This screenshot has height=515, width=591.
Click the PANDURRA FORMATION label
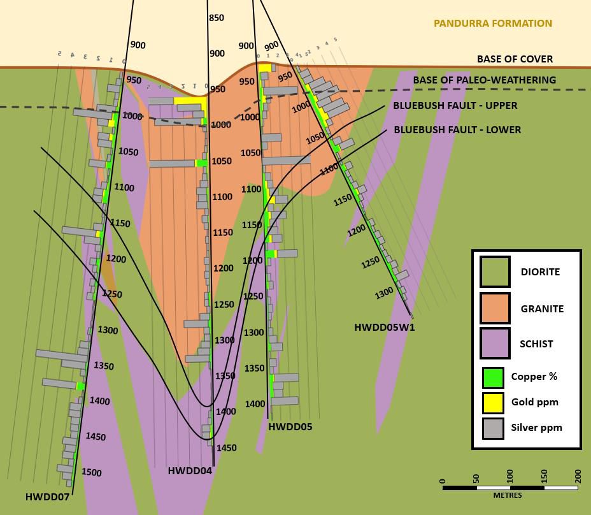click(492, 24)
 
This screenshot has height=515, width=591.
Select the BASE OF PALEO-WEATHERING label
click(484, 80)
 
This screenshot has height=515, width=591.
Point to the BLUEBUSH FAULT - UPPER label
click(455, 105)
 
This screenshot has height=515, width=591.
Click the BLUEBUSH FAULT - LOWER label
click(457, 129)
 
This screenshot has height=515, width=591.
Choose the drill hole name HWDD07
click(47, 497)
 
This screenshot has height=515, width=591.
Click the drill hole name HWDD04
click(190, 471)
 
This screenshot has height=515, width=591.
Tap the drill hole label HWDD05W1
click(385, 328)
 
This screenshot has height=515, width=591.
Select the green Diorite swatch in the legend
click(495, 272)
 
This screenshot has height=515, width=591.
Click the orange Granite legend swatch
click(495, 308)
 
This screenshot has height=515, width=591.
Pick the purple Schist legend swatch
click(495, 344)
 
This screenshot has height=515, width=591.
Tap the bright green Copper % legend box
click(493, 377)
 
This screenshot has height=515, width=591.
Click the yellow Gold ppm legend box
click(493, 403)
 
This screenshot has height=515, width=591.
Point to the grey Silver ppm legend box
click(493, 428)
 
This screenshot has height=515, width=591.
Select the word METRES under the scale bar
click(507, 495)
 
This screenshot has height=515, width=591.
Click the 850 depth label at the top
click(217, 18)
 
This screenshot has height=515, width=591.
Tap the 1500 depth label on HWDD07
click(91, 472)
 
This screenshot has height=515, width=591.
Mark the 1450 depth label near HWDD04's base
click(226, 448)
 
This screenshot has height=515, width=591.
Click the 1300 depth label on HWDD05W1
click(384, 293)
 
